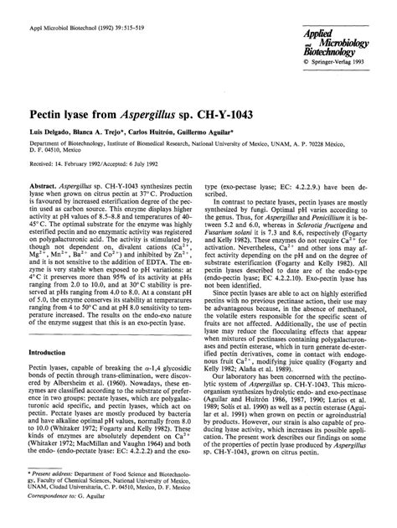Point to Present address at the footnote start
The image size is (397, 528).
[50, 484]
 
